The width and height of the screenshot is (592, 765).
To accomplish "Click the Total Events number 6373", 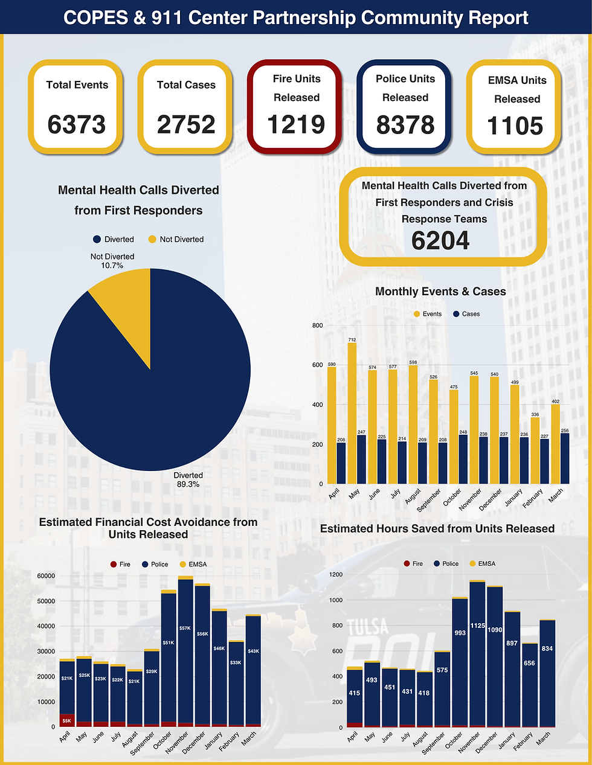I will coord(76,125).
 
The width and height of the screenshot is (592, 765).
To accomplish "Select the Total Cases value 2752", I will coord(186,125).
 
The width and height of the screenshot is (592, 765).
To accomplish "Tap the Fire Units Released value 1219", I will coord(296,125).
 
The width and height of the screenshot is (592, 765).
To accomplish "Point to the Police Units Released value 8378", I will coord(405,125).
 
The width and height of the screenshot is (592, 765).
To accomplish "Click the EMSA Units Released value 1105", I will coord(515,126).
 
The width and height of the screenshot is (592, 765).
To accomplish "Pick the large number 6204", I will coord(440,241).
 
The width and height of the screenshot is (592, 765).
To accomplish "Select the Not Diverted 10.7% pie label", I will coord(112,261).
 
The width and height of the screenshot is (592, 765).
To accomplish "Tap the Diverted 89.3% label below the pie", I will coord(188,479).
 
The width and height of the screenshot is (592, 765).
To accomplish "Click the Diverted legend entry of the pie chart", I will coord(114,239).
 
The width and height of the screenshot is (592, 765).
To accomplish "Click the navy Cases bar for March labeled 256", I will coord(564,458).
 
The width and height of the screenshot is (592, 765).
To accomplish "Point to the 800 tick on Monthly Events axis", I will coord(317,325).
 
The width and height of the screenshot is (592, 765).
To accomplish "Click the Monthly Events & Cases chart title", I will coord(440,292).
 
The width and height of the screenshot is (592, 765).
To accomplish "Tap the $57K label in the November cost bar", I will coord(185,629).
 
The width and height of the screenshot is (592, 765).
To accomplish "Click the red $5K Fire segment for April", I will coord(66,720).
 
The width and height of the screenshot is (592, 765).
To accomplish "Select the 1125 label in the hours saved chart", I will coord(477,626).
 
